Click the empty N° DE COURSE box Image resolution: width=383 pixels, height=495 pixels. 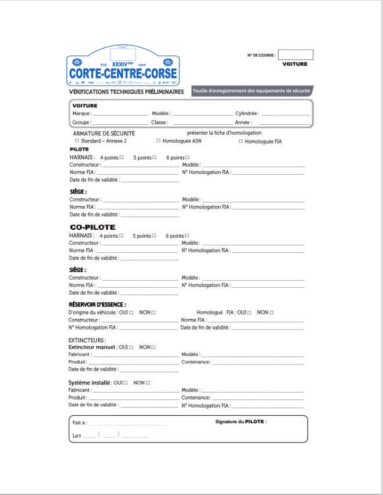click(x=295, y=54)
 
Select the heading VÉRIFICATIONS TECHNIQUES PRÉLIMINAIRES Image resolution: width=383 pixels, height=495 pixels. click(x=126, y=92)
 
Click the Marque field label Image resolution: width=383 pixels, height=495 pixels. click(x=81, y=114)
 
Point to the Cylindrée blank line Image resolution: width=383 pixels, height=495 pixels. click(x=285, y=115)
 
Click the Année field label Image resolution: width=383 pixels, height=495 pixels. click(x=242, y=122)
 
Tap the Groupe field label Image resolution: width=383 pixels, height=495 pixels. click(x=81, y=122)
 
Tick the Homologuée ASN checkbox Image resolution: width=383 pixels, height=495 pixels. click(x=159, y=142)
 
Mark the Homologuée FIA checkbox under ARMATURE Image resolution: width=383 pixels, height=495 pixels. click(x=241, y=142)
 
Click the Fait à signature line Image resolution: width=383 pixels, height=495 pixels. click(x=128, y=424)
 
